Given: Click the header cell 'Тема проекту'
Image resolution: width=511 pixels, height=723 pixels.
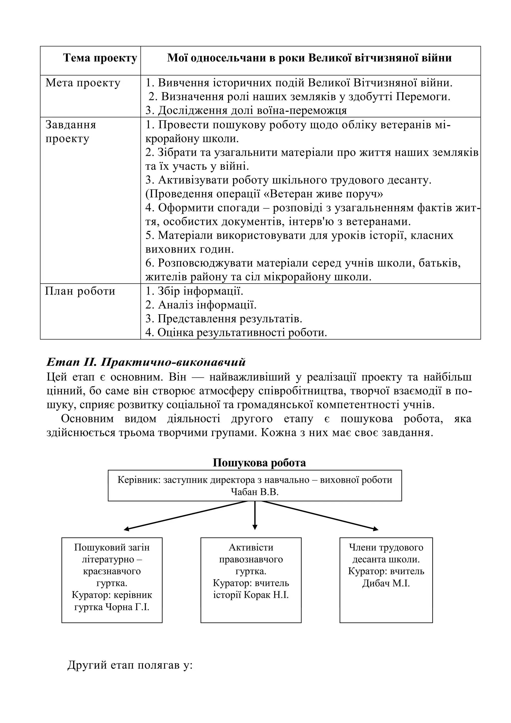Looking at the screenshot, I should point(100,58).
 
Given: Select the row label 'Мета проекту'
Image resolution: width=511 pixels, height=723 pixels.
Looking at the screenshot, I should point(83,83).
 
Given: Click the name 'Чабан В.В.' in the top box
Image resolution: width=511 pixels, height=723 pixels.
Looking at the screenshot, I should point(255,492).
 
